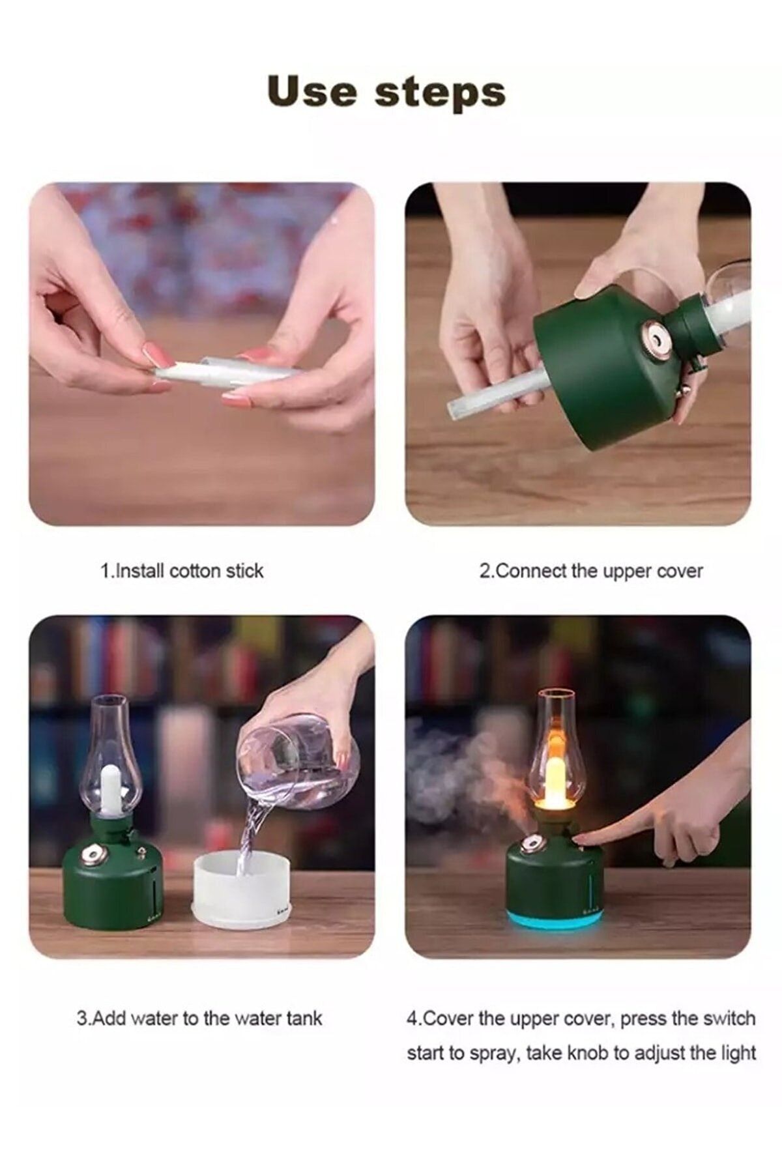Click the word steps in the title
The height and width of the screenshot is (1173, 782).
[x=440, y=93]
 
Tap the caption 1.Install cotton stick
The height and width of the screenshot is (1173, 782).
[x=182, y=571]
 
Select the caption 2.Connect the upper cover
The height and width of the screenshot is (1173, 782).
[x=591, y=571]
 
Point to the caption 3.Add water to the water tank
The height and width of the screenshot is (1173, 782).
[x=199, y=1018]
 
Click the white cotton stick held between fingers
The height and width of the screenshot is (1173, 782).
[x=225, y=371]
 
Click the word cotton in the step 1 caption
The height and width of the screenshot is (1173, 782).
[x=195, y=571]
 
